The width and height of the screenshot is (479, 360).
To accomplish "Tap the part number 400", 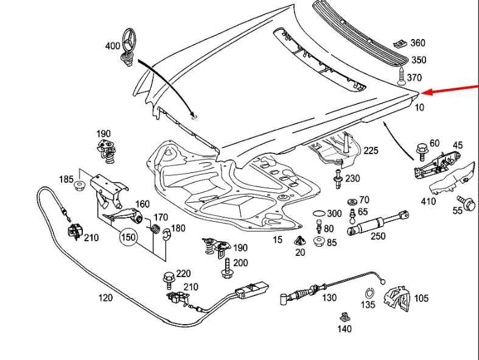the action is click(113, 46).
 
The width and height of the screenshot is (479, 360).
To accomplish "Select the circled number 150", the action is click(128, 238).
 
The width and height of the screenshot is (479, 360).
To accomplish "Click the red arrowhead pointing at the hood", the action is click(427, 92).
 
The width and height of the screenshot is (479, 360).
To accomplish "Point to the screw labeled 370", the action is click(401, 76).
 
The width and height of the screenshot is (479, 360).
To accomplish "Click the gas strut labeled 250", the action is click(377, 222).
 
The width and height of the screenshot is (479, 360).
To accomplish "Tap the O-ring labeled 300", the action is click(318, 213).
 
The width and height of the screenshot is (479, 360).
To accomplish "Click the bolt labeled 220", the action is click(168, 280).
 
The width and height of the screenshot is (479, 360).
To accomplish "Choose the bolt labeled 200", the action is click(226, 268).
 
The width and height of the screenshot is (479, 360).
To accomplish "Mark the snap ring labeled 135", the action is click(369, 293).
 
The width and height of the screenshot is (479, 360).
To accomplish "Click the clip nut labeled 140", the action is click(344, 317).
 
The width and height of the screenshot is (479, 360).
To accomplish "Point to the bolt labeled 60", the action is click(422, 152).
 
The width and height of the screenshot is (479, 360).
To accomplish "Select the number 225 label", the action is click(371, 150).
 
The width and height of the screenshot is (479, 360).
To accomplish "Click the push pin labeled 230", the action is click(338, 179).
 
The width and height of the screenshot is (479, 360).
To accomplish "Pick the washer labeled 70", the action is click(352, 202).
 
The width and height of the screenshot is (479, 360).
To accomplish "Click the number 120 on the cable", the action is click(105, 297).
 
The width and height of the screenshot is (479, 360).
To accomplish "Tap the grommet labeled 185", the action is click(79, 186).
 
